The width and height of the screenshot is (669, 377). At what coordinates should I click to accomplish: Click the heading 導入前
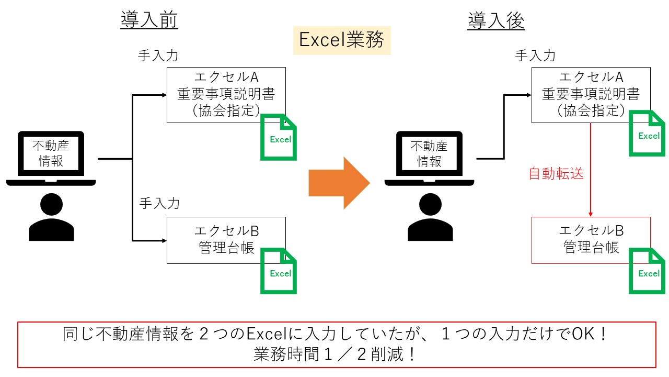point(149,20)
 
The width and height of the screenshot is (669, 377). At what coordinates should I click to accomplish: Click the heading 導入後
point(496,20)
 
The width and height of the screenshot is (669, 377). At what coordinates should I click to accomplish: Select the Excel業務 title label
point(342,40)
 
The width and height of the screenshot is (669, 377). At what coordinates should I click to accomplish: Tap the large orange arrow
point(339,183)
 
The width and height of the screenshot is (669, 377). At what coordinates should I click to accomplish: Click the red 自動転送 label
point(556,174)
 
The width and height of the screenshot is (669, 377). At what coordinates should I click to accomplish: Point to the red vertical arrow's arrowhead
point(591,214)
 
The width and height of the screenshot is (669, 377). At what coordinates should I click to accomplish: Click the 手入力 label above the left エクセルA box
point(158,56)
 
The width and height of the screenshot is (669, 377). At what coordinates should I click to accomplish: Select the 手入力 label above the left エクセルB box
point(159,204)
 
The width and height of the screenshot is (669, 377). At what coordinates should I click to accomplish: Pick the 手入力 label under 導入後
point(535,56)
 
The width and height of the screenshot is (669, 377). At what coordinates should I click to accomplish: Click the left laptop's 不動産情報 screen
point(51,153)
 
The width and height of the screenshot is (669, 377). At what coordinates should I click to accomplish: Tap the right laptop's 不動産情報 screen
point(429,153)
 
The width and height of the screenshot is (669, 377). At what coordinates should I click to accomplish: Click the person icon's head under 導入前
point(51,204)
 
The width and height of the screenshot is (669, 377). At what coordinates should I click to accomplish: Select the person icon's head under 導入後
point(430,204)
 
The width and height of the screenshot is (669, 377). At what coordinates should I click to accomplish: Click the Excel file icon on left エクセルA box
point(279,137)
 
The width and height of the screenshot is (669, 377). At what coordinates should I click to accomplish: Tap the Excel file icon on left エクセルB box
point(279,271)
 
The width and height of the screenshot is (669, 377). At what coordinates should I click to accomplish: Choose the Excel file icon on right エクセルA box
point(647,134)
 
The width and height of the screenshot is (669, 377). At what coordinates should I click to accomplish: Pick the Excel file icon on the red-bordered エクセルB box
point(647,271)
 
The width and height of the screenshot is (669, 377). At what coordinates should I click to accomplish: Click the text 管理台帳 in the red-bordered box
point(591,248)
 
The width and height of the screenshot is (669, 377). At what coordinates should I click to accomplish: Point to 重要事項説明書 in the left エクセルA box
point(226,94)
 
